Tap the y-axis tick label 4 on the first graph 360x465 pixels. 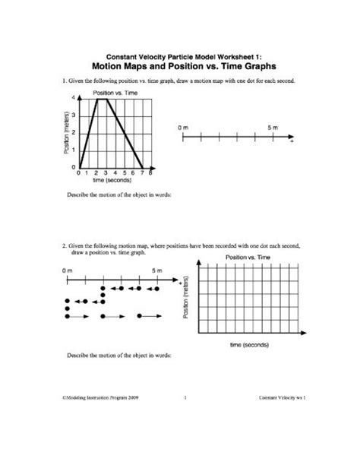click(74, 99)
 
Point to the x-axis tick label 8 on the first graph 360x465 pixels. click(152, 173)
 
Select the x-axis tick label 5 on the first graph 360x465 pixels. click(125, 173)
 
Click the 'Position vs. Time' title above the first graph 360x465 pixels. click(114, 93)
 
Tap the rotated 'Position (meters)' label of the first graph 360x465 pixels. click(66, 133)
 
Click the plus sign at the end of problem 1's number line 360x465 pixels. click(291, 143)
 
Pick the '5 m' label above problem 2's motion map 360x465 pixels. click(157, 270)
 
